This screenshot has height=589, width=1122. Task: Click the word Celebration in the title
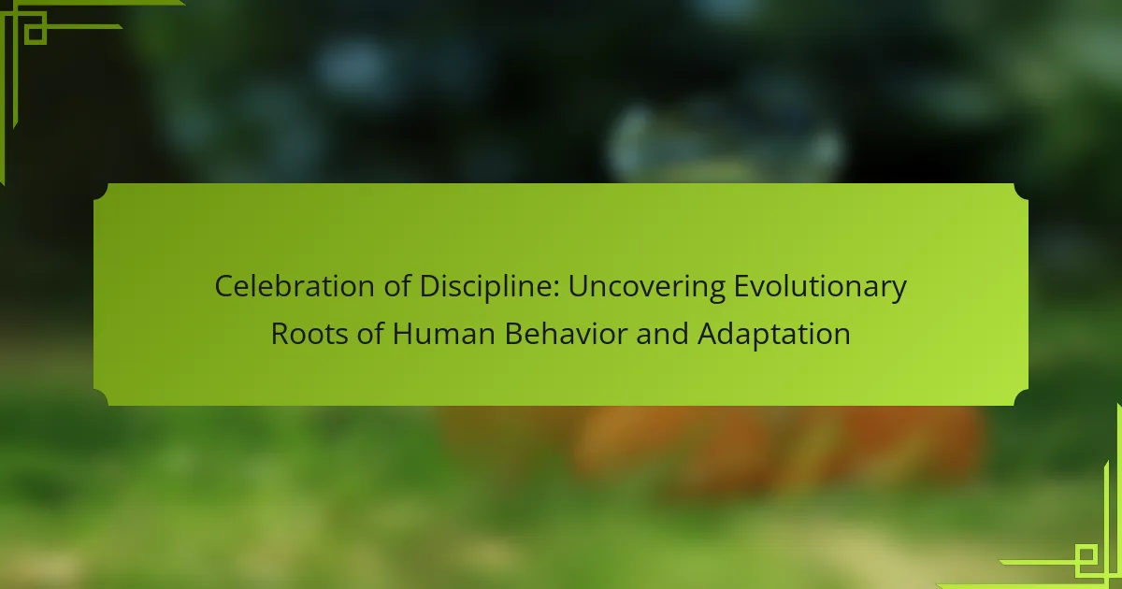pos(295,286)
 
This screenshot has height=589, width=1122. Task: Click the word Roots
pos(309,334)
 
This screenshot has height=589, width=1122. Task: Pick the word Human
pos(444,334)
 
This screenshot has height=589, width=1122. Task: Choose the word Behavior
pos(566,334)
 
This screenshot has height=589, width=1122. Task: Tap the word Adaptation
pos(774,335)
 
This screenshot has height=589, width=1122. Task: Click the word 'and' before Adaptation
pos(662,334)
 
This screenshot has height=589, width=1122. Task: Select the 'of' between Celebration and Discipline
pos(397,286)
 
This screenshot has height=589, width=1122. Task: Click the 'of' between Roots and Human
pos(370,334)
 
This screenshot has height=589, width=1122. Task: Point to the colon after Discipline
pos(556,290)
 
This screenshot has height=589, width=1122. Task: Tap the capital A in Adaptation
pos(709,334)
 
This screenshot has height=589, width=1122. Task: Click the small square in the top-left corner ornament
pos(36,34)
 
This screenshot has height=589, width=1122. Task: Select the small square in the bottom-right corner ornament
pos(1086,555)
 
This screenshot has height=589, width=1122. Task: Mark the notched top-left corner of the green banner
pos(101,192)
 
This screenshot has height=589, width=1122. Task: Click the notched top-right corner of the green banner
pos(1021,192)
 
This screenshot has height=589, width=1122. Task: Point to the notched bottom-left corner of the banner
pos(101,397)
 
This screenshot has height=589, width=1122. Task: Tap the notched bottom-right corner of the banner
pos(1021,397)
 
